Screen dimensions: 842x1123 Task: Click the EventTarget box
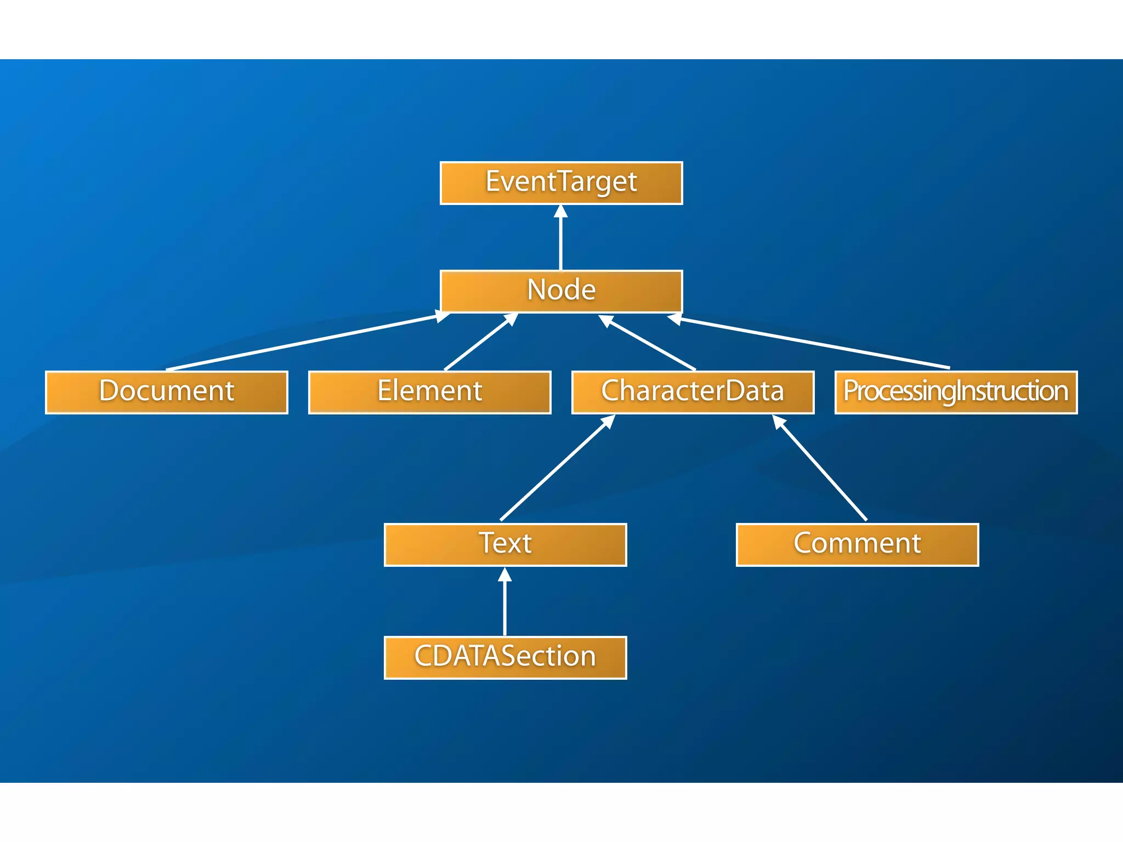click(x=561, y=183)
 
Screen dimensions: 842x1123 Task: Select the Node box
click(x=561, y=291)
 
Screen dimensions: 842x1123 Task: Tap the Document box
click(x=166, y=392)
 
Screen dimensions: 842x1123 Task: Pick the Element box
click(x=429, y=392)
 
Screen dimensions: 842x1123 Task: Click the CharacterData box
click(x=693, y=392)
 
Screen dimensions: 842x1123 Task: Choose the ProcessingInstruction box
click(x=956, y=392)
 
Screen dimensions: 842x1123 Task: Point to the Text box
click(x=505, y=544)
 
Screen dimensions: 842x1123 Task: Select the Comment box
click(x=857, y=544)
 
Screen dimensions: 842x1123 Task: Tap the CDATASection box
click(x=505, y=657)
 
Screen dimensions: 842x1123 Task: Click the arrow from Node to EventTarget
click(x=560, y=241)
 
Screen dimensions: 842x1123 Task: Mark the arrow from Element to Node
click(x=480, y=343)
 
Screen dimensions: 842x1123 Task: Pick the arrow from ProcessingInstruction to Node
click(x=812, y=343)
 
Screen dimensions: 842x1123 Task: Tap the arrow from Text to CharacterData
click(x=557, y=469)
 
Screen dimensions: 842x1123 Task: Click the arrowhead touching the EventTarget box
click(x=560, y=211)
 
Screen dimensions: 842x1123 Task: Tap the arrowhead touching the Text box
click(x=505, y=574)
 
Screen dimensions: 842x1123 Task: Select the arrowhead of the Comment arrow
click(x=779, y=422)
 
